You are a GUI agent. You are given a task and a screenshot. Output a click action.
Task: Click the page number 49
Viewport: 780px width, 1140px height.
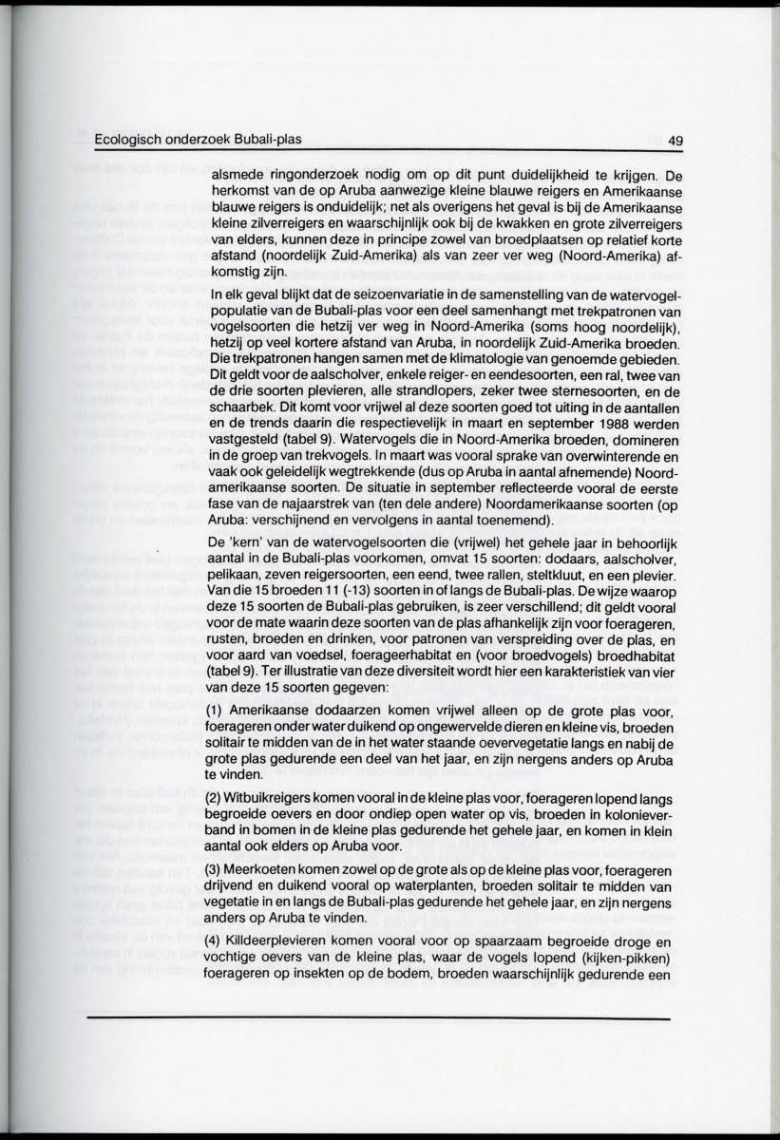tap(675, 142)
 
